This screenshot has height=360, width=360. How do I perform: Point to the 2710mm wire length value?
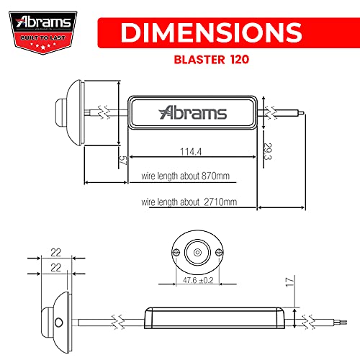coord(222,202)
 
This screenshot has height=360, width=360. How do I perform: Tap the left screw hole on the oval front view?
coord(177,253)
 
